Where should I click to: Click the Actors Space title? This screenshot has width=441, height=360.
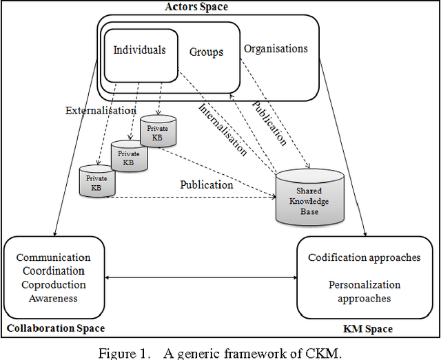click(x=197, y=7)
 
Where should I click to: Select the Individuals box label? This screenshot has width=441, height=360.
click(x=139, y=50)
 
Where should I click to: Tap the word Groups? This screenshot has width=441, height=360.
click(x=207, y=52)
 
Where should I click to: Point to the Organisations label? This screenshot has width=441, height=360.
click(x=276, y=49)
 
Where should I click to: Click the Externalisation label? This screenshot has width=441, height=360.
click(x=101, y=110)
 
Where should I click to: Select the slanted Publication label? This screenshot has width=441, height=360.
click(x=269, y=122)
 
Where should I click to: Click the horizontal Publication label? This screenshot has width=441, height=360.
click(x=206, y=184)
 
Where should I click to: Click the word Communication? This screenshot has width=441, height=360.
click(x=53, y=258)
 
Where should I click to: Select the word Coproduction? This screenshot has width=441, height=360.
click(x=53, y=285)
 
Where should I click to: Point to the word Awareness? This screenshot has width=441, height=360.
click(x=53, y=298)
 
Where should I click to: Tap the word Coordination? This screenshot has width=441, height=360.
click(x=53, y=271)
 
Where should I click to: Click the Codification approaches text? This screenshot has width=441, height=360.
click(x=364, y=257)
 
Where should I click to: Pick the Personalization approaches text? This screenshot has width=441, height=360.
click(x=364, y=291)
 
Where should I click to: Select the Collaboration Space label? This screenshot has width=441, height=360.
click(x=56, y=328)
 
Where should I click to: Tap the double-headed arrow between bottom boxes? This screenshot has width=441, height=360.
click(x=201, y=278)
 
